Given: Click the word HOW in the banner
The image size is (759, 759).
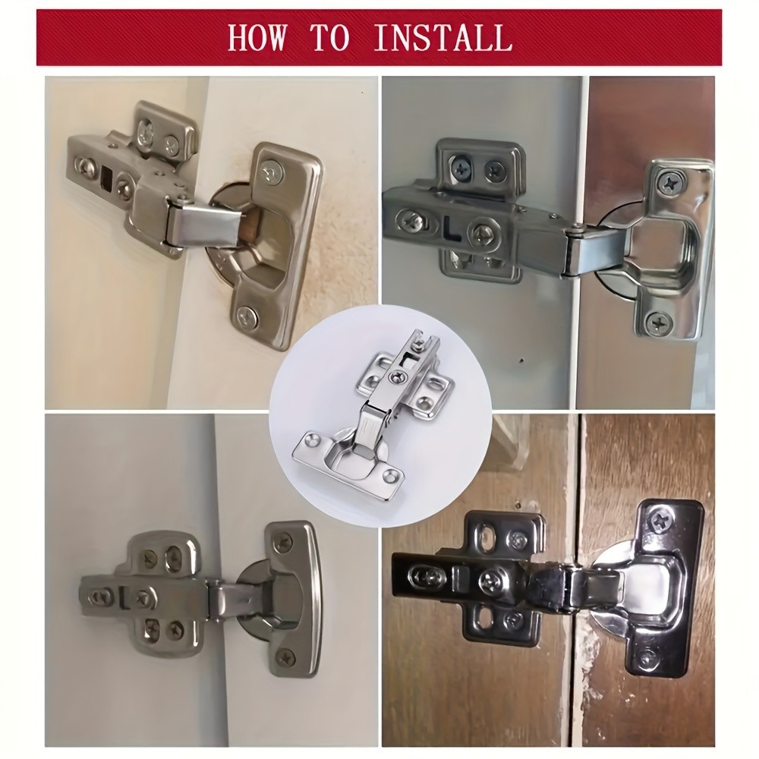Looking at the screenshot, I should (x=259, y=37).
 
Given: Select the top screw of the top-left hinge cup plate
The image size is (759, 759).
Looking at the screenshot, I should (x=270, y=174).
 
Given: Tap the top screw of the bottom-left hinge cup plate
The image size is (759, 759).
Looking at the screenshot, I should (x=285, y=542).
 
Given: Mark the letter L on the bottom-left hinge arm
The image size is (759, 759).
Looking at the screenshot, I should (x=121, y=596).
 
